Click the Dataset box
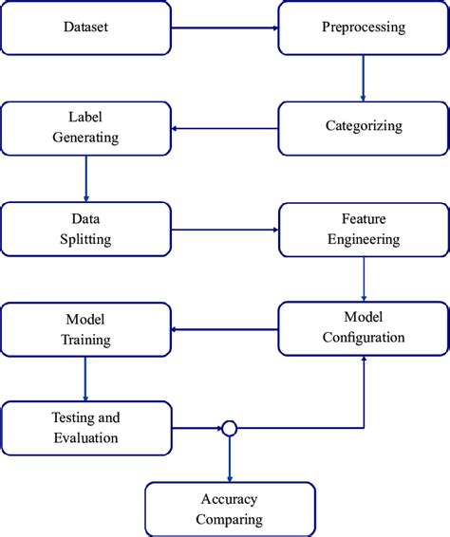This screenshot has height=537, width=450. click(86, 27)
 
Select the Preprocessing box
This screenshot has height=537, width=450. click(363, 27)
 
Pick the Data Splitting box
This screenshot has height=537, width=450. click(86, 229)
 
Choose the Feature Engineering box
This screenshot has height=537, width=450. click(363, 229)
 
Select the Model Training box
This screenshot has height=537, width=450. click(86, 329)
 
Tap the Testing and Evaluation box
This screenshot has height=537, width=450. click(86, 429)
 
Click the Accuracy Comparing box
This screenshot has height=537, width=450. click(231, 509)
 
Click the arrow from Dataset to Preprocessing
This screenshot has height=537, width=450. click(225, 27)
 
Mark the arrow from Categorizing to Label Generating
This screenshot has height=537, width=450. click(225, 129)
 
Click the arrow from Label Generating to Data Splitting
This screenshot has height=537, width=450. click(86, 178)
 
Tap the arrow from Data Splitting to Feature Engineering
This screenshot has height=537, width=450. click(225, 229)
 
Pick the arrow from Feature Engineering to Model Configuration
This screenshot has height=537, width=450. click(363, 279)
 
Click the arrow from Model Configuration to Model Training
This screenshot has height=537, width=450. click(225, 329)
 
